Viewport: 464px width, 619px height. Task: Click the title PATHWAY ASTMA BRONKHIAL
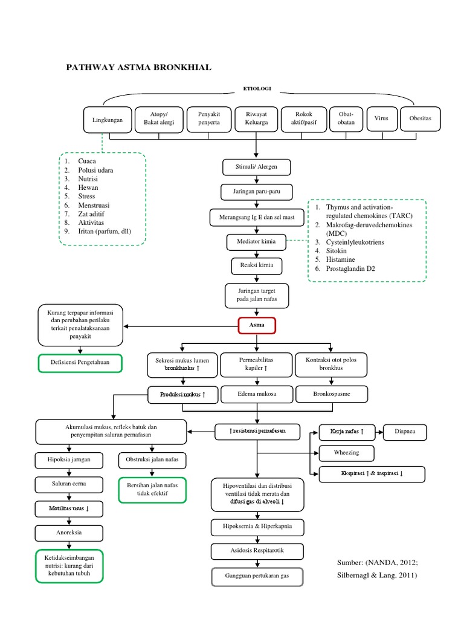(138, 67)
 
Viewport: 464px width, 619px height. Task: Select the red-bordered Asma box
(257, 326)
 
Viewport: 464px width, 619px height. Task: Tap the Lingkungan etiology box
(108, 120)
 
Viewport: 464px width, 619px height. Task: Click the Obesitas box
(420, 118)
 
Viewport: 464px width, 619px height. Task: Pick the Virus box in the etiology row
(381, 118)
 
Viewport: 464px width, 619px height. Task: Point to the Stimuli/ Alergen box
(257, 167)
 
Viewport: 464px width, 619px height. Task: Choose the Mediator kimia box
(257, 242)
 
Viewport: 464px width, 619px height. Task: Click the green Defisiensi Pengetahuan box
(80, 363)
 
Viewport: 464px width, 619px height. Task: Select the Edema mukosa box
(257, 394)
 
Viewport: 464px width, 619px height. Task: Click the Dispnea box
(405, 432)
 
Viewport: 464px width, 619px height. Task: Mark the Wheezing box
(346, 453)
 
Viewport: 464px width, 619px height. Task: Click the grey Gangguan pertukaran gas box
(257, 577)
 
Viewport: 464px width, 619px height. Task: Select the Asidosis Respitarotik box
(257, 551)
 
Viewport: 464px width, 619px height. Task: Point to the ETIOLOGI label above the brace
(257, 88)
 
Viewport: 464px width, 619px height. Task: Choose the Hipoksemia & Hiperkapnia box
(257, 527)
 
